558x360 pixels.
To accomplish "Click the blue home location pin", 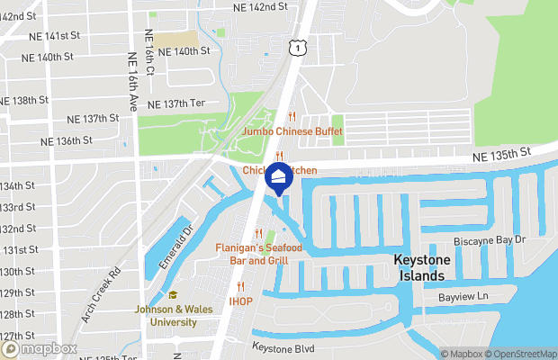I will coord(279,177).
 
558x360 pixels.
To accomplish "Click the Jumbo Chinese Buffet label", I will coord(292,130).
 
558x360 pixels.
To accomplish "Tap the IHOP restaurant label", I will coord(240,301).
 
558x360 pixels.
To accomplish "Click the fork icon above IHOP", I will coord(240,287).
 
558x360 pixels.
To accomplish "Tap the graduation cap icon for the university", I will coord(172,295).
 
